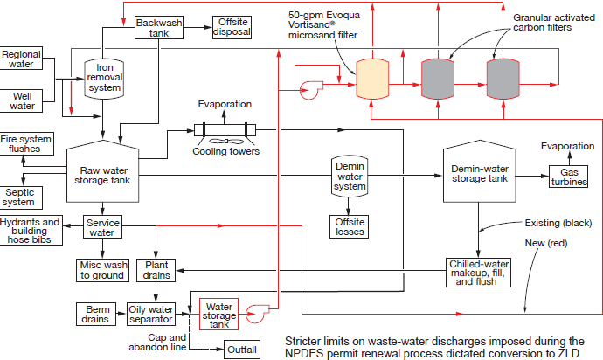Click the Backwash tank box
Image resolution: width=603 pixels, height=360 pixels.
[x=159, y=28]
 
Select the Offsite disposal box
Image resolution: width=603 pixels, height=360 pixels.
[x=232, y=27]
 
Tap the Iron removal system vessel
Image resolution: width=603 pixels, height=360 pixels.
[x=104, y=79]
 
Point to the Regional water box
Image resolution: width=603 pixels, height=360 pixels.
[x=21, y=59]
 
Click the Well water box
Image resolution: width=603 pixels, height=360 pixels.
[x=21, y=101]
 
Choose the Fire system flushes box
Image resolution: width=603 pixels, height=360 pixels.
[x=26, y=144]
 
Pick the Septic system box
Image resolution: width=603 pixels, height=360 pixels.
[x=21, y=197]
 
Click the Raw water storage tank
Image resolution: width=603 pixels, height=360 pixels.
[x=102, y=171]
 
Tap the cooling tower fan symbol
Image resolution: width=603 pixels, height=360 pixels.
[x=225, y=142]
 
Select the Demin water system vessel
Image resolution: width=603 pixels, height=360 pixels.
[x=350, y=177]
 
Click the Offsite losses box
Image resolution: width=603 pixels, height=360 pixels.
[x=350, y=227]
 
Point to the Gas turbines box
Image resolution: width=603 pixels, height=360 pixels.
[x=568, y=177]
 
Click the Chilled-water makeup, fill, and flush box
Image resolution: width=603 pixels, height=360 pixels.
[x=478, y=273]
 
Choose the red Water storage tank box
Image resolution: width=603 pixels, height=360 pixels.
[x=218, y=315]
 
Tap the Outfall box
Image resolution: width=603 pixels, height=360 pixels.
[x=241, y=350]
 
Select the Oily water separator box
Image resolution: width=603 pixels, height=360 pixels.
[x=151, y=315]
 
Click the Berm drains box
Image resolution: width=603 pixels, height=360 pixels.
[x=96, y=315]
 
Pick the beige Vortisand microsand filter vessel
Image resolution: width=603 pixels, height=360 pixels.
[x=372, y=79]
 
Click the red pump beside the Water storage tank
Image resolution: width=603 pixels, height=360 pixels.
[x=257, y=314]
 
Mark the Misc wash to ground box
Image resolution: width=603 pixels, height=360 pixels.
[x=102, y=270]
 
